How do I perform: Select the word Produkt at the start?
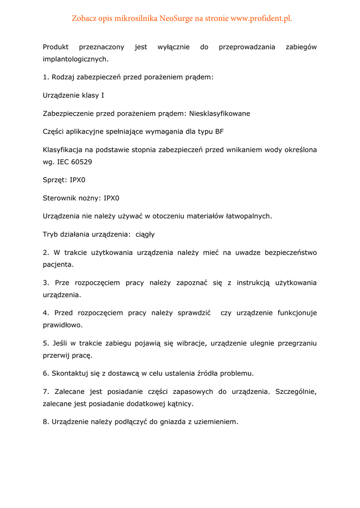point(56,47)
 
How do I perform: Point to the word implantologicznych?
point(75,59)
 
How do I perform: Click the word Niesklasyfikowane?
point(219,114)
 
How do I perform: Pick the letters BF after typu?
point(219,131)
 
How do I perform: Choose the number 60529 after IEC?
point(81,162)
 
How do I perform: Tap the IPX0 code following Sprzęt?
point(77,180)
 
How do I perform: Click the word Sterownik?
point(59,198)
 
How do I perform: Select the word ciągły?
point(145,234)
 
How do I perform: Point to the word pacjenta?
point(58,264)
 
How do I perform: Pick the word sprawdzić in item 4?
point(194,313)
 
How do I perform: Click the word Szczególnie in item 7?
point(295,391)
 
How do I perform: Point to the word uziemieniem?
point(216,422)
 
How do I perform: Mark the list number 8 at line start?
point(46,422)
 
